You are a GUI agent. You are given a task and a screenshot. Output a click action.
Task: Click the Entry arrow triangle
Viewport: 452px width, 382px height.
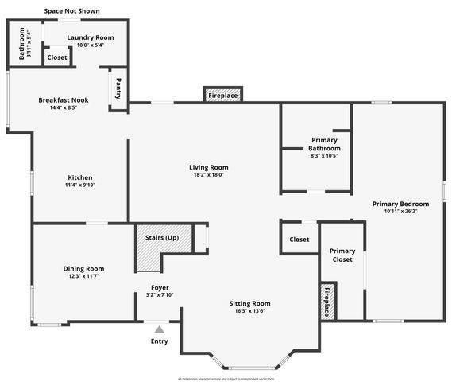click(x=160, y=329)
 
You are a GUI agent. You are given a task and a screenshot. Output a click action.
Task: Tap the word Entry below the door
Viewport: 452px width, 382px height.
click(x=160, y=341)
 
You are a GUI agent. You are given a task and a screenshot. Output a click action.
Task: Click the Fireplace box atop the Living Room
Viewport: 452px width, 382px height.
click(x=223, y=95)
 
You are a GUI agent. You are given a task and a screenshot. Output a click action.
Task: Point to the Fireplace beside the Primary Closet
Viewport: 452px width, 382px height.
click(x=326, y=301)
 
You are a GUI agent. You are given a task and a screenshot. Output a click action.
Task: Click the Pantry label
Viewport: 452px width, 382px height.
click(x=118, y=87)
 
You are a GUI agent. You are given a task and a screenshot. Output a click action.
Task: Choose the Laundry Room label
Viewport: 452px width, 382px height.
click(x=90, y=37)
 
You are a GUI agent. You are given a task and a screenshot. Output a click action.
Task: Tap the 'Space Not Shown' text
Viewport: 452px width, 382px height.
click(x=71, y=11)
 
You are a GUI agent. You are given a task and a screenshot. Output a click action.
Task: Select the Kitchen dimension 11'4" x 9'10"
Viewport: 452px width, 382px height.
click(x=79, y=185)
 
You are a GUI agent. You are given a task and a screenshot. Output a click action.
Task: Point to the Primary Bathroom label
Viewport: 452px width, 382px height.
click(x=324, y=144)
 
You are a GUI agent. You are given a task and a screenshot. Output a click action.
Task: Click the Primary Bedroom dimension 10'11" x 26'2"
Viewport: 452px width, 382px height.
click(x=400, y=212)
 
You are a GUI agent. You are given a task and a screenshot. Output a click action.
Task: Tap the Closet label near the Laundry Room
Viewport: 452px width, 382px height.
click(x=57, y=57)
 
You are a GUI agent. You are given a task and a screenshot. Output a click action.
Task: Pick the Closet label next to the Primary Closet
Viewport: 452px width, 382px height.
click(x=299, y=239)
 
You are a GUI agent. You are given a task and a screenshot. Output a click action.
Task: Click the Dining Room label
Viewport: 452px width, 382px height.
click(x=83, y=268)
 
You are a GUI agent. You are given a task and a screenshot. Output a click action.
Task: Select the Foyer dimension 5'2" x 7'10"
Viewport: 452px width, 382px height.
click(x=160, y=295)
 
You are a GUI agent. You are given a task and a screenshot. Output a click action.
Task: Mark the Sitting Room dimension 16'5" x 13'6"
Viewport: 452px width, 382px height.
click(x=250, y=312)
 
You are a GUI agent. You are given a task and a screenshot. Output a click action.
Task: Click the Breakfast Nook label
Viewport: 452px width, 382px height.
click(x=64, y=100)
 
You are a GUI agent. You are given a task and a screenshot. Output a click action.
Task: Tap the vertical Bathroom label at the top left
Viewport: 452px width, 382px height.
click(x=18, y=44)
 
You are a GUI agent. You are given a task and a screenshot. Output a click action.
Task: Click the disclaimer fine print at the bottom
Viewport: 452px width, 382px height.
click(x=226, y=378)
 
